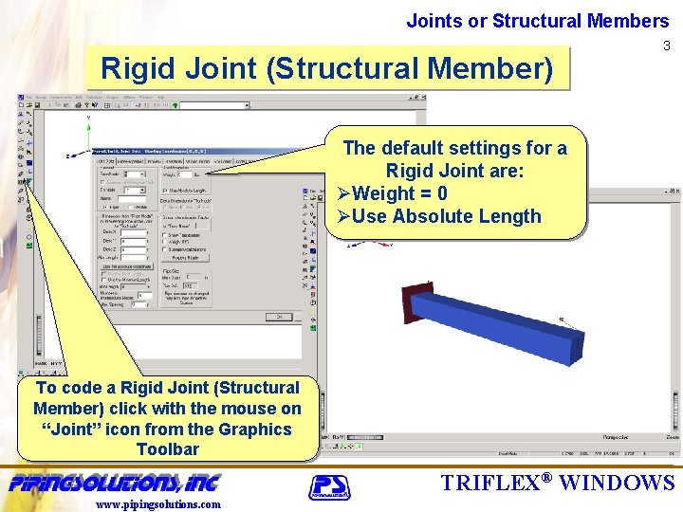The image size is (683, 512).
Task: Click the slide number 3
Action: click(x=666, y=46)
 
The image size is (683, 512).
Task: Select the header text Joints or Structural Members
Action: click(x=538, y=21)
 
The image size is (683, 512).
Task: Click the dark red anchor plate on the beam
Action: click(x=410, y=302)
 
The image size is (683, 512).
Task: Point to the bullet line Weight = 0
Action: click(x=398, y=193)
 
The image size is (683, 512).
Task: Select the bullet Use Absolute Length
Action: click(x=445, y=216)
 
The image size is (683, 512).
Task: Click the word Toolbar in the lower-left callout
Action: click(x=168, y=449)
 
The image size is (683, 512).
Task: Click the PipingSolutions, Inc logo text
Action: click(x=114, y=482)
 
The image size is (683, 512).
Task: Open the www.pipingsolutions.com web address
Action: click(x=158, y=504)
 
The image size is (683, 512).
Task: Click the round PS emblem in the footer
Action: click(x=329, y=486)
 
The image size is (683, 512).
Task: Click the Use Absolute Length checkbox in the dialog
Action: click(x=166, y=191)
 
